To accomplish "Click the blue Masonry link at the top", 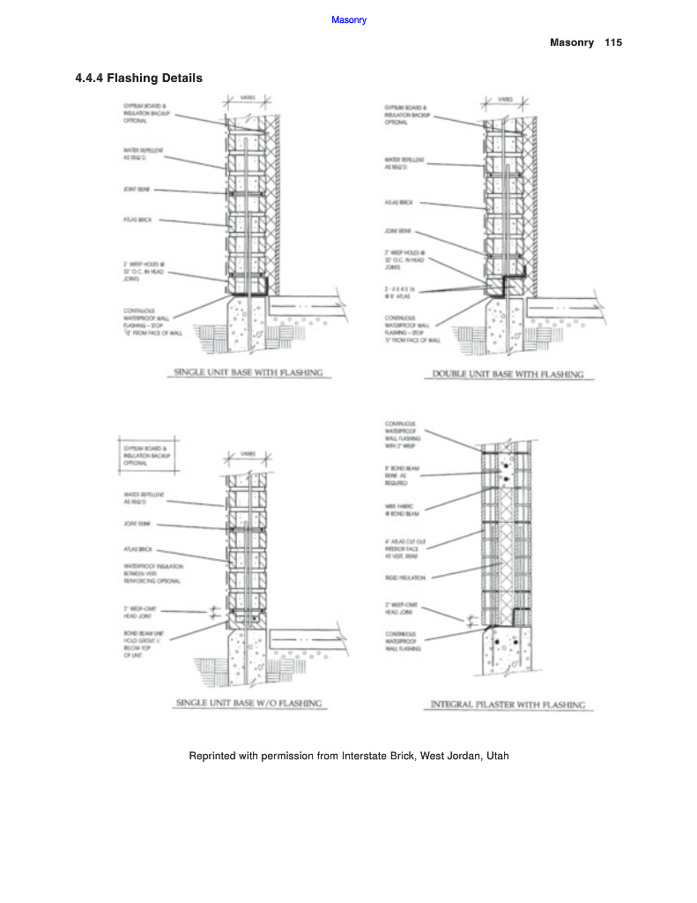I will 349,19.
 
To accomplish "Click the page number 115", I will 613,42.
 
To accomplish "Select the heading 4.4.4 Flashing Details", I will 139,78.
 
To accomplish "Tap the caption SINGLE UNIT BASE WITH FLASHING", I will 248,373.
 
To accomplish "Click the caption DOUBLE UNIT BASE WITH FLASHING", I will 508,374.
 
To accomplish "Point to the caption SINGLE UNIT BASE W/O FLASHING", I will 248,704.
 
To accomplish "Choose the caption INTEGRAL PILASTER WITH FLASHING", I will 508,705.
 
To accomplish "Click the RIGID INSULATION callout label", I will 405,578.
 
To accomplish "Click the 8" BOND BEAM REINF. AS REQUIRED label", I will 401,477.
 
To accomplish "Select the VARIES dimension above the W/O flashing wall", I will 248,454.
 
